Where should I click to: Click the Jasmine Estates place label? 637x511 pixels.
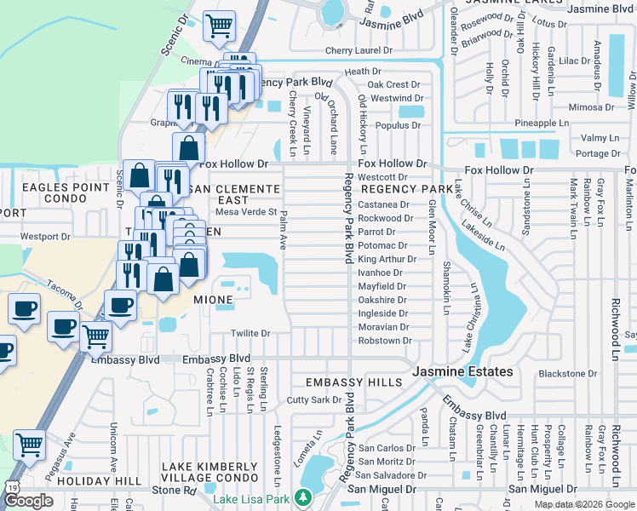(x=462, y=372)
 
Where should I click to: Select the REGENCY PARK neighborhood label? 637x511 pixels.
(x=407, y=188)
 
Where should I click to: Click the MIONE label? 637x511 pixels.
(x=213, y=301)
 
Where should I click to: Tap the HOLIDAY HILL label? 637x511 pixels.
(x=105, y=481)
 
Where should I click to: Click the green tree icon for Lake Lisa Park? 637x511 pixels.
(x=301, y=497)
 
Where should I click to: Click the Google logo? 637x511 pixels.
(x=28, y=500)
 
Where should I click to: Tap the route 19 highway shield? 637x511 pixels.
(x=11, y=485)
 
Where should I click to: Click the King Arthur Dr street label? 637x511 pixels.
(x=387, y=259)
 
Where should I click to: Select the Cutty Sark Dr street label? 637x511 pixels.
(x=314, y=399)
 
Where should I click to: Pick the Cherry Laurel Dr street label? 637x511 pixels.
(x=359, y=51)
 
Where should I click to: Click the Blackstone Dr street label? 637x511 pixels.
(x=568, y=373)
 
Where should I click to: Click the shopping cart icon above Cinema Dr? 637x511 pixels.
(x=220, y=26)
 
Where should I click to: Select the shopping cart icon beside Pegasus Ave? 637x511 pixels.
(x=30, y=445)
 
